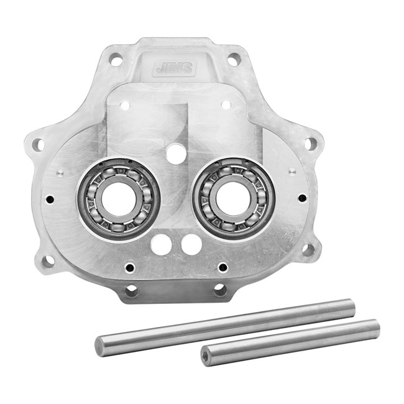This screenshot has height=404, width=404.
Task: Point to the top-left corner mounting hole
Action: (116, 60)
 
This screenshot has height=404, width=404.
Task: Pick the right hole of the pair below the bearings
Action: (191, 244)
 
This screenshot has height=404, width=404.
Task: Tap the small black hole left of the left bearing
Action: (50, 200)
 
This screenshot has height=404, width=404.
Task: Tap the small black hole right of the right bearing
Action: (302, 198)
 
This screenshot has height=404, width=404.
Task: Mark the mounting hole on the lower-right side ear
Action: (308, 249)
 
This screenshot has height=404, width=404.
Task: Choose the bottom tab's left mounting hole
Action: (131, 290)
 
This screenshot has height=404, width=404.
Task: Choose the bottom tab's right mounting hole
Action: (219, 289)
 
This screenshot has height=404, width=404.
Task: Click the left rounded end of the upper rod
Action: (100, 346)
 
